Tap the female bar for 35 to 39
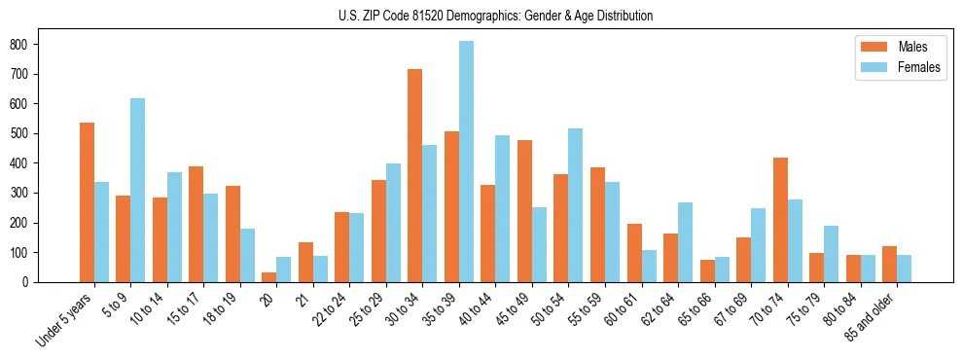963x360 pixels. (x=466, y=162)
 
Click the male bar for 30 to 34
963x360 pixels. (x=415, y=175)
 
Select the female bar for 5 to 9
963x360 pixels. (x=138, y=190)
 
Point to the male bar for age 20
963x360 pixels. (x=269, y=277)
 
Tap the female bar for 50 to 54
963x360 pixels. (x=576, y=205)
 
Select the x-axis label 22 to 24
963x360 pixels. (x=329, y=308)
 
